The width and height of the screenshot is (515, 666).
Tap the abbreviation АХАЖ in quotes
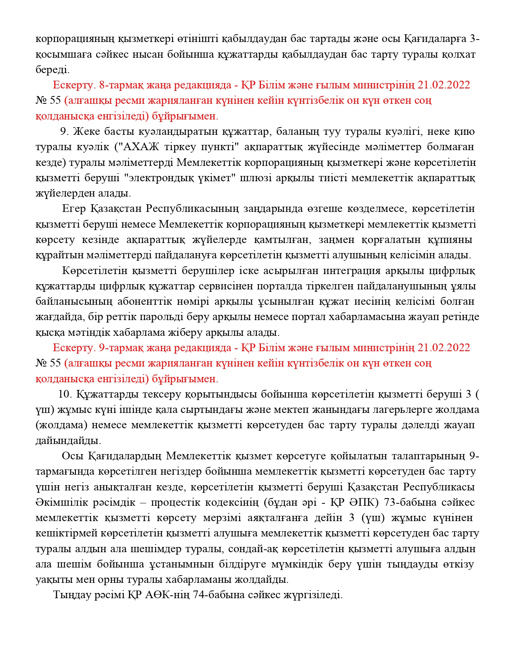[139, 147]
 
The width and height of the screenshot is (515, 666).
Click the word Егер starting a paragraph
[74, 209]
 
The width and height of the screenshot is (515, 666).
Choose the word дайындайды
[68, 441]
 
